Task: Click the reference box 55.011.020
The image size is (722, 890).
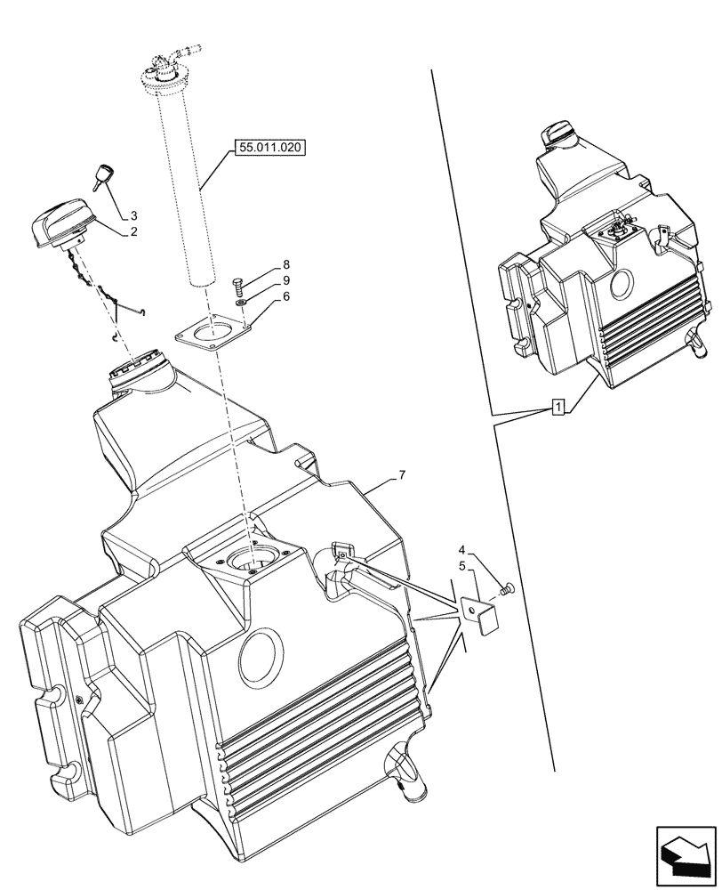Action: pyautogui.click(x=269, y=148)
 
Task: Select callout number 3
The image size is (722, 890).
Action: pyautogui.click(x=133, y=215)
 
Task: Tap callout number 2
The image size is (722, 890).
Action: pyautogui.click(x=133, y=232)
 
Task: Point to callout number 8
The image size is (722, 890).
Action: pyautogui.click(x=286, y=264)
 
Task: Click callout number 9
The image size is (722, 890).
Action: pyautogui.click(x=286, y=280)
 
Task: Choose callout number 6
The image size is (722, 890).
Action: pyautogui.click(x=286, y=297)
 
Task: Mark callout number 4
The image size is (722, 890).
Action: pyautogui.click(x=461, y=549)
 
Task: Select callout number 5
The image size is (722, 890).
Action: pyautogui.click(x=461, y=565)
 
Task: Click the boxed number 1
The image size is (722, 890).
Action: pyautogui.click(x=557, y=408)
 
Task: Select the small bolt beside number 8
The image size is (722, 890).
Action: pyautogui.click(x=237, y=285)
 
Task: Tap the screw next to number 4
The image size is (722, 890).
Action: pyautogui.click(x=506, y=587)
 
